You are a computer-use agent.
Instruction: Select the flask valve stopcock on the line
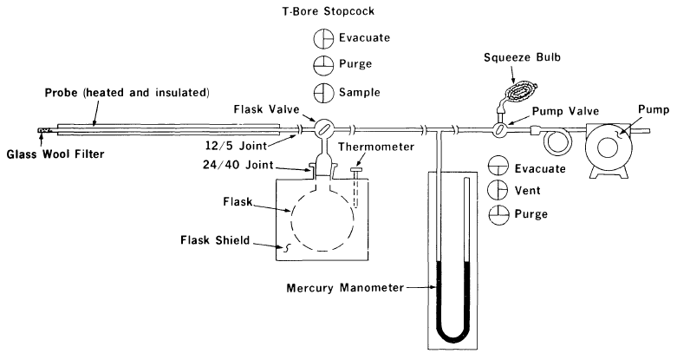[x=322, y=128]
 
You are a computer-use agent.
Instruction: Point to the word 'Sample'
[x=358, y=91]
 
